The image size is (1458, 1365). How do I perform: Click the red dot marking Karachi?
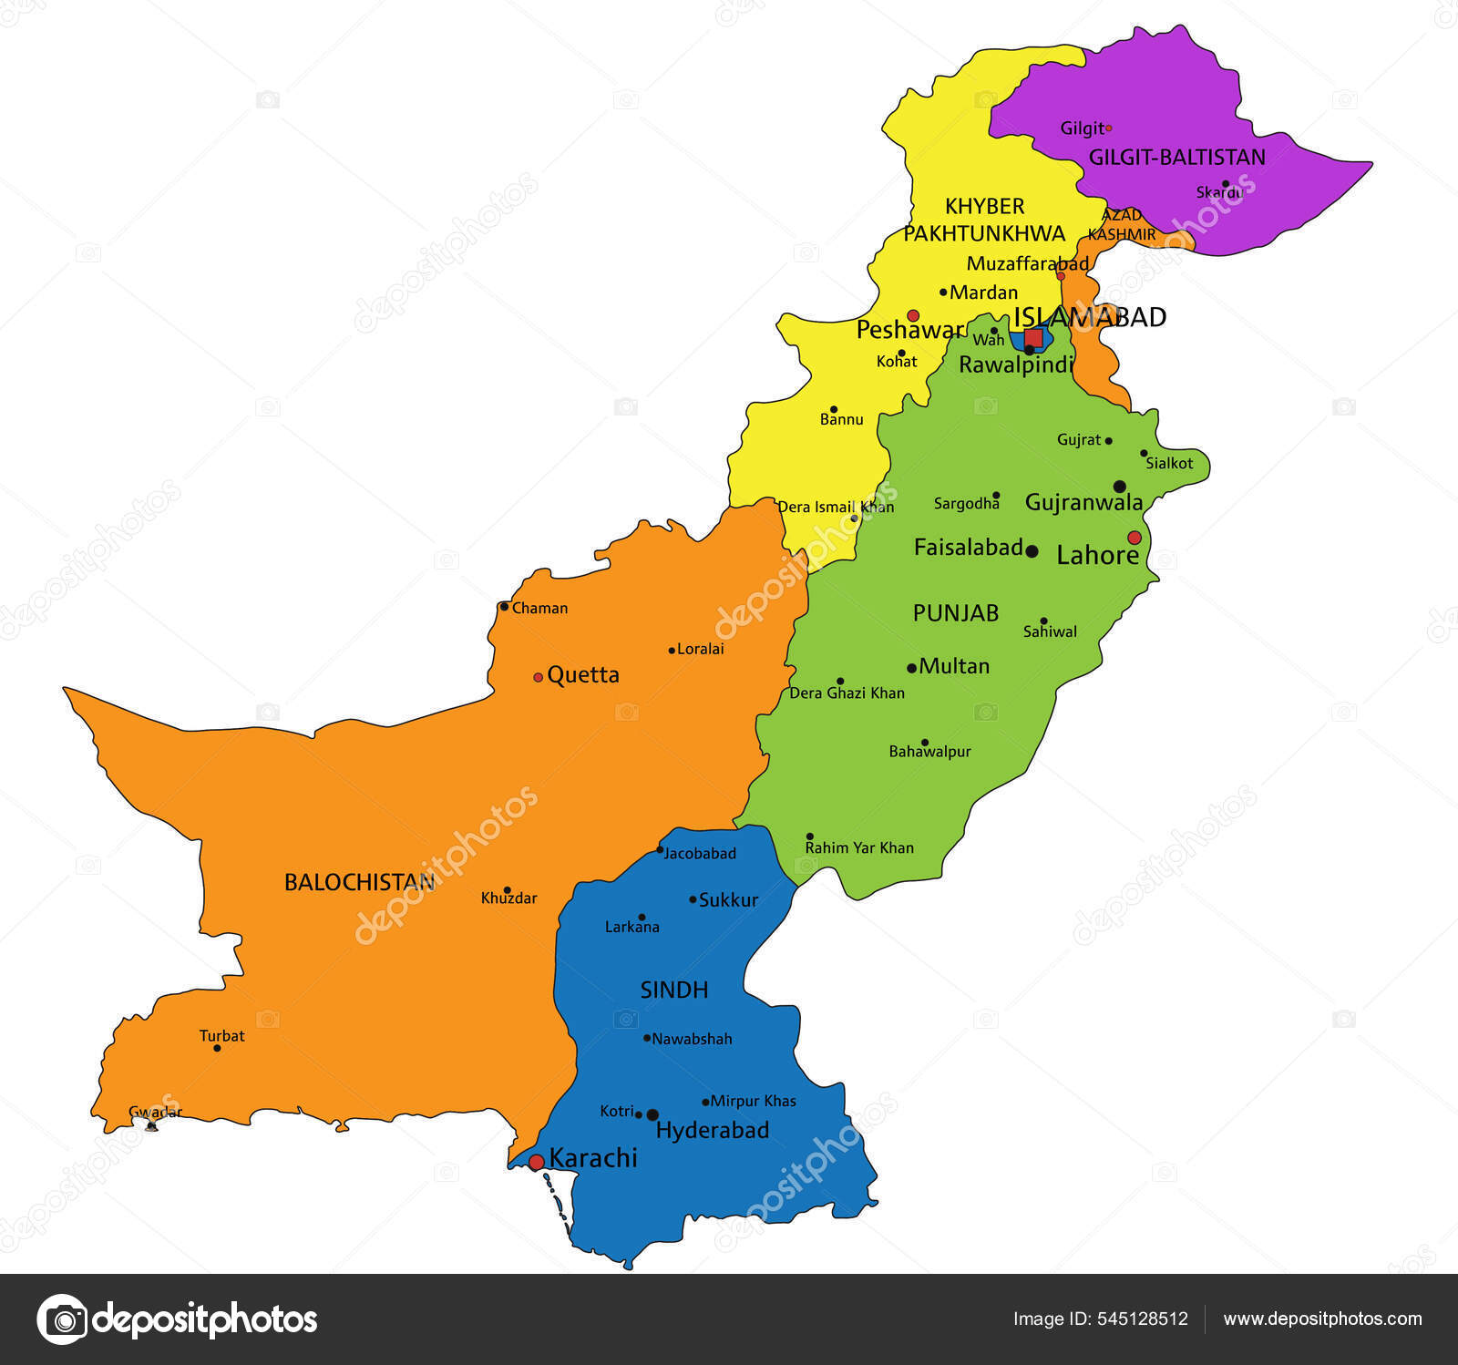coord(536,1162)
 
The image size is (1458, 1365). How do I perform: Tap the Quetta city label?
coord(583,675)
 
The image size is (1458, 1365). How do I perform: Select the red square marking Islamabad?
coord(1033,337)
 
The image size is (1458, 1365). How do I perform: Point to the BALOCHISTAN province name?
coord(359,882)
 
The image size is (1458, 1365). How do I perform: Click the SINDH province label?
coord(674,990)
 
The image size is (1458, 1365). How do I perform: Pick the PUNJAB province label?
coord(956,613)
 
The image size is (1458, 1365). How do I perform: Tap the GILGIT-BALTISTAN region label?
coord(1176,158)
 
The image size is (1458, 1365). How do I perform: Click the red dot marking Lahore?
coord(1135,538)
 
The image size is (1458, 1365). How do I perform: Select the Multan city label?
coord(954,666)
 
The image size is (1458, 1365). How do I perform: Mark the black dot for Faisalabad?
coord(1032,551)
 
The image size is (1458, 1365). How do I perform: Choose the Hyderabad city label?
coord(713,1131)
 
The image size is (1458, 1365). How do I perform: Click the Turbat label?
coord(222,1036)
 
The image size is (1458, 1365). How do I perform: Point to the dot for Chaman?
coord(504,606)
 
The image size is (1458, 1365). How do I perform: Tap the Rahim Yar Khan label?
coord(859,847)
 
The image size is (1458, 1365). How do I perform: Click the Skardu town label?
coord(1219,193)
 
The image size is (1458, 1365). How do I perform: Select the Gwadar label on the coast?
coord(155,1113)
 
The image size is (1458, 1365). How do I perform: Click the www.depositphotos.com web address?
coord(1322,1319)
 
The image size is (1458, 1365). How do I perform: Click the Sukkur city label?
coord(728,900)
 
